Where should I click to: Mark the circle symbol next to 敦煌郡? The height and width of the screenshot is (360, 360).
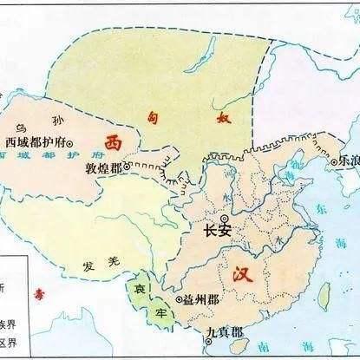128,165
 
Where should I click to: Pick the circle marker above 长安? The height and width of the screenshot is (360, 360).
224,219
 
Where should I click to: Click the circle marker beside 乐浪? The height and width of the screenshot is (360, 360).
334,161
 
